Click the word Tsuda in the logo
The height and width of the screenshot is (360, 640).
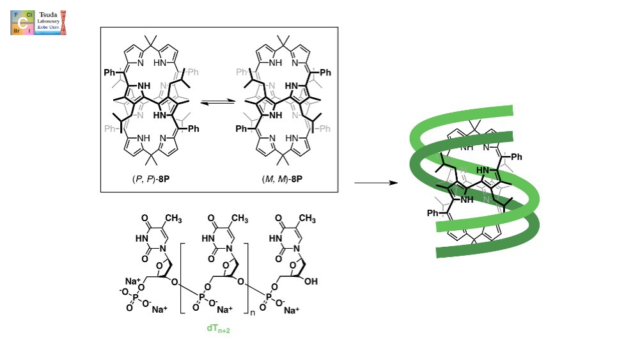49,15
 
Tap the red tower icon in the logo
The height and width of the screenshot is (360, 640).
63,21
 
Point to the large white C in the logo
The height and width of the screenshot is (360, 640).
22,22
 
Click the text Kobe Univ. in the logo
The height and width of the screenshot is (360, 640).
48,29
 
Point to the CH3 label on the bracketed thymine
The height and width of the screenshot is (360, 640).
239,219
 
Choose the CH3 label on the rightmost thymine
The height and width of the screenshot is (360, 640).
307,219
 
